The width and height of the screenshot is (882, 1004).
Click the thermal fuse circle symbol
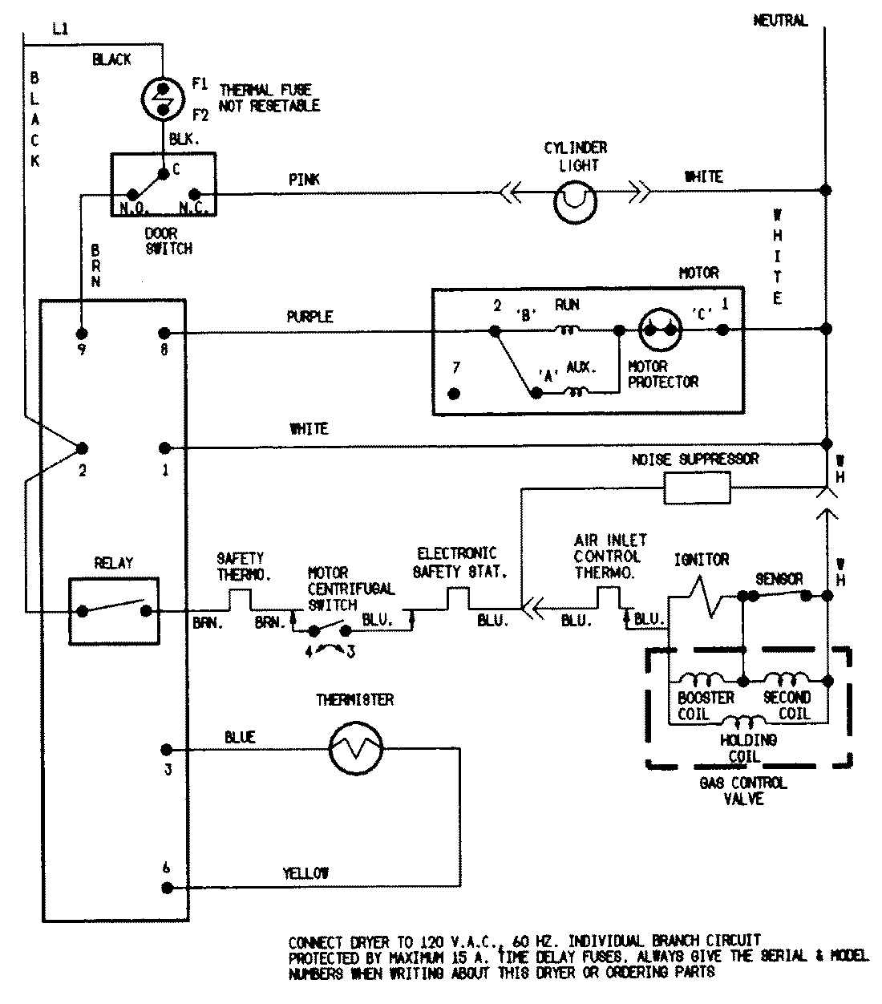click(163, 99)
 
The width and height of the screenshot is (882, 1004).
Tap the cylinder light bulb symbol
click(575, 202)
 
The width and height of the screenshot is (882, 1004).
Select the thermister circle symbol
click(355, 748)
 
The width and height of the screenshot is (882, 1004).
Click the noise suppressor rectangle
click(697, 488)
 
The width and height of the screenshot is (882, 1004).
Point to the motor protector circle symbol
click(660, 330)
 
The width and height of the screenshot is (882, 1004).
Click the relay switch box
click(114, 610)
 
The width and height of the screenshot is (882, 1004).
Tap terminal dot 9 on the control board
click(82, 333)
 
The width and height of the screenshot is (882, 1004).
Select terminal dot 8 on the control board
click(164, 333)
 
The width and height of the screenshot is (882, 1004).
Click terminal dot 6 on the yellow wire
click(168, 889)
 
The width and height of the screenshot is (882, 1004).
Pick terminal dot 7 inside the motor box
click(454, 394)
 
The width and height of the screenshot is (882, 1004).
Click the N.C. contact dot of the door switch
click(195, 194)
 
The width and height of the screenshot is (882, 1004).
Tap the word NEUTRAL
click(780, 20)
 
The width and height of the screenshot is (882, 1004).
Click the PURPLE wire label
click(310, 317)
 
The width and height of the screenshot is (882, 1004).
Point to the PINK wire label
click(304, 180)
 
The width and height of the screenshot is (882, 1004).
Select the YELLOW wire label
click(305, 873)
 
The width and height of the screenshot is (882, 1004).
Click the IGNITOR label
click(702, 560)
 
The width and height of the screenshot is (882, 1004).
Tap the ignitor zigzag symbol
click(706, 597)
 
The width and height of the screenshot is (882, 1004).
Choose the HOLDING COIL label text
click(748, 748)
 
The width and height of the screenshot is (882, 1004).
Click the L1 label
click(60, 29)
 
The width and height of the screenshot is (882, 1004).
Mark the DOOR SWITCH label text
click(168, 241)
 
